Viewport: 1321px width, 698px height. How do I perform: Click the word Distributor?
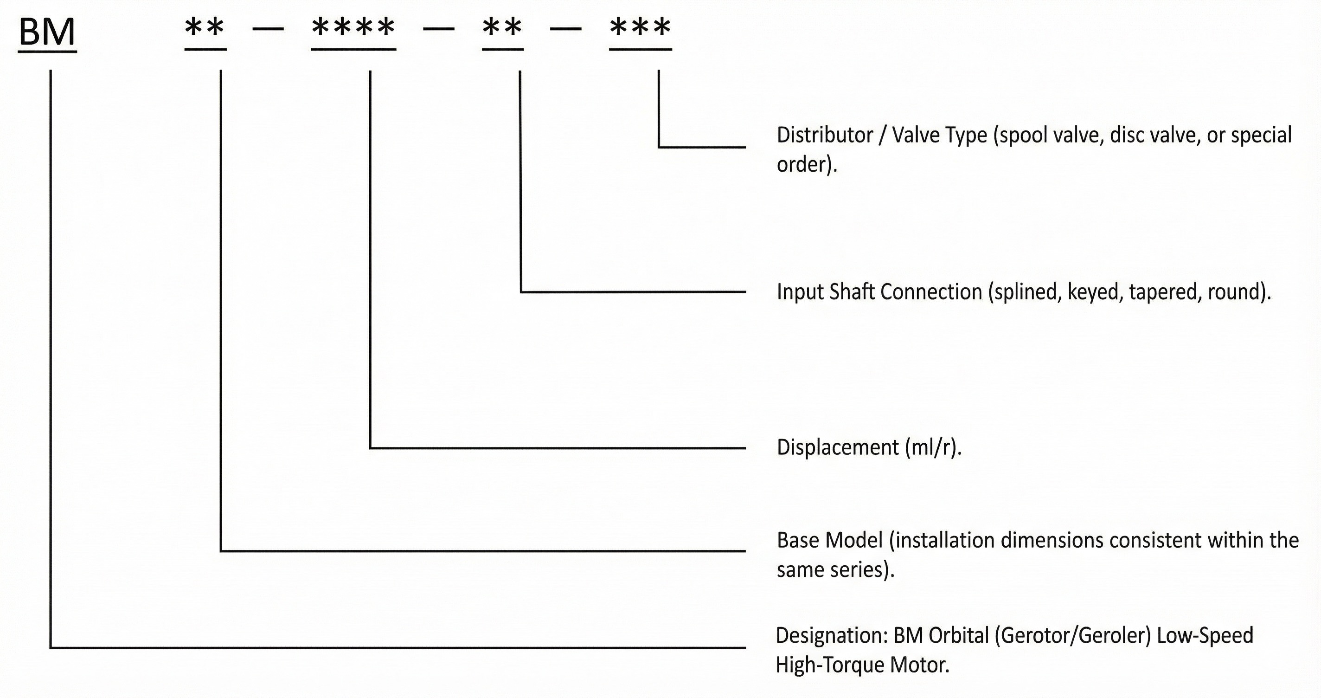coord(825,136)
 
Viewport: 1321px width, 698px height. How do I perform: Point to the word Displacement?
coord(837,447)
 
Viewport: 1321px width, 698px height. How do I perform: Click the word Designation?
coord(831,636)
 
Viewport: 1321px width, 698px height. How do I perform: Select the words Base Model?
coord(830,540)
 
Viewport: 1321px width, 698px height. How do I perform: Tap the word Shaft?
coord(852,292)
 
